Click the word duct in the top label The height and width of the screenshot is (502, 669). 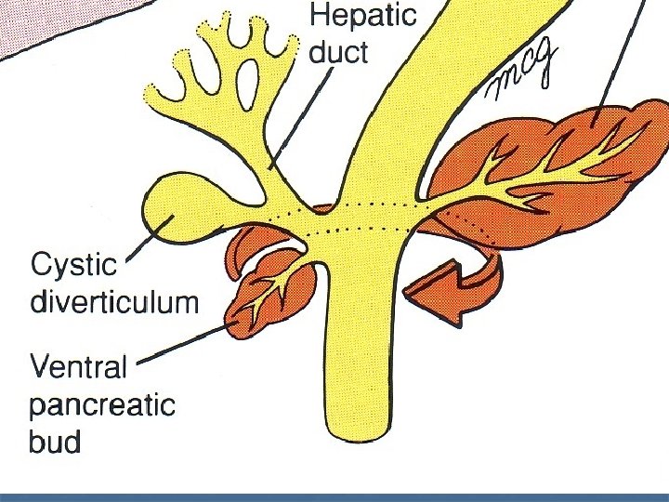click(x=338, y=53)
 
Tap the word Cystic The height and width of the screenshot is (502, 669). click(x=74, y=266)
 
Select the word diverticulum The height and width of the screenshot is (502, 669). click(x=113, y=301)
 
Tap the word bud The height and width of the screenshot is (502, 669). click(x=55, y=441)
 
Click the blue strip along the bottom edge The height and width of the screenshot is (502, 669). click(x=334, y=497)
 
